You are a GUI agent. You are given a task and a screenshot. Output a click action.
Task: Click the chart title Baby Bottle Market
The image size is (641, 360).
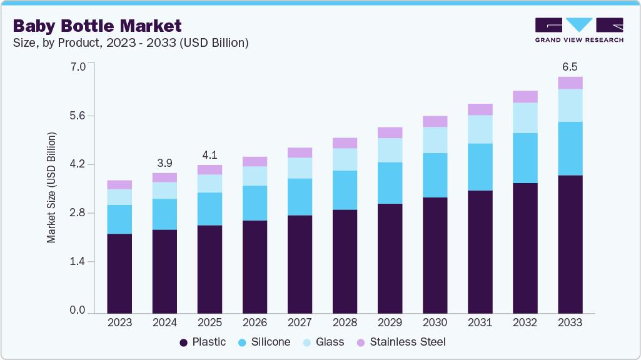click(98, 26)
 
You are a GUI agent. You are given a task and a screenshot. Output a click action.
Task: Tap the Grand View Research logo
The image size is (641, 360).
click(578, 30)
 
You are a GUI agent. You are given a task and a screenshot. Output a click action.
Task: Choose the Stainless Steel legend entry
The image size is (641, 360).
click(401, 342)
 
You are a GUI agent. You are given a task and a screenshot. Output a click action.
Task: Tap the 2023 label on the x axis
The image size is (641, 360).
click(119, 322)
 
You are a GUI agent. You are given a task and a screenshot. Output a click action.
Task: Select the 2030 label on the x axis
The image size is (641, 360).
click(435, 322)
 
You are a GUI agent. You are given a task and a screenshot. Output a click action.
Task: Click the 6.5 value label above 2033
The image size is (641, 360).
click(570, 66)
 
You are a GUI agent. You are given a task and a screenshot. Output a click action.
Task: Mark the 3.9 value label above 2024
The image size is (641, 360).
click(164, 162)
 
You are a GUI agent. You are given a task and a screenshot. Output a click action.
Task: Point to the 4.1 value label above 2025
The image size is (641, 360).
click(209, 154)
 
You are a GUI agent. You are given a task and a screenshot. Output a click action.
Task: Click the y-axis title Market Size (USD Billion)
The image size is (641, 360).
click(52, 187)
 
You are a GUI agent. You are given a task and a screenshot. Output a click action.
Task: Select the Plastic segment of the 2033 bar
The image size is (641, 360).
click(570, 244)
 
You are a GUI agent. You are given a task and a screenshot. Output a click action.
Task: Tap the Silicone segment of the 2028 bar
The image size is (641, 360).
click(345, 190)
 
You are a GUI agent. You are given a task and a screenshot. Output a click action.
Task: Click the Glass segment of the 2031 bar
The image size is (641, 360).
click(480, 129)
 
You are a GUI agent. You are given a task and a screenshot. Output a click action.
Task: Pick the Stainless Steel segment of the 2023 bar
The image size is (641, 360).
click(119, 184)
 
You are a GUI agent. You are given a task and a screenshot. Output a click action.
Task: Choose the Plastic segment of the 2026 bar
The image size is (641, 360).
click(255, 266)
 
